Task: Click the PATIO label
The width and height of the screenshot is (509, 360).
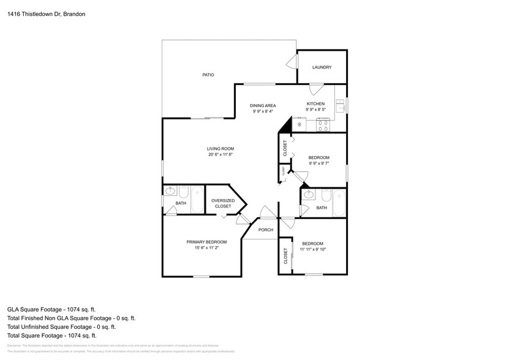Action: coord(208,75)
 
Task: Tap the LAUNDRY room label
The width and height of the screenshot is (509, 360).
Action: coord(322,67)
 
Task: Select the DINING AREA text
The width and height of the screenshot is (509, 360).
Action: coord(263,105)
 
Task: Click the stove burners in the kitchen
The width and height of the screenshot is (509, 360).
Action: coord(323,125)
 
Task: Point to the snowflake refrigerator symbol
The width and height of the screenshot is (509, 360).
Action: coord(299,125)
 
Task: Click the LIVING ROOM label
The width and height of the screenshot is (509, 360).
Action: coord(220,149)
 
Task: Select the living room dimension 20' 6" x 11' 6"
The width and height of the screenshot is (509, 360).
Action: coord(220,154)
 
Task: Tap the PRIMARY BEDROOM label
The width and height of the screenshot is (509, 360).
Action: coord(206,242)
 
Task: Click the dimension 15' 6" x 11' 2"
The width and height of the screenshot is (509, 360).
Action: coord(206,248)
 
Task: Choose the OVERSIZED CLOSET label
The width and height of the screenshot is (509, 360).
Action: coord(223,203)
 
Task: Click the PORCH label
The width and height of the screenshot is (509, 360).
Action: coord(265,230)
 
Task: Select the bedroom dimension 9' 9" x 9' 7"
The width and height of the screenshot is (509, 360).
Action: coord(319,163)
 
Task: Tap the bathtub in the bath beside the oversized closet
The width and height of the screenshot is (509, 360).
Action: coord(197,199)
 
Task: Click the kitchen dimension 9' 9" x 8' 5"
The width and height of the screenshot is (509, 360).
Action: coord(315,110)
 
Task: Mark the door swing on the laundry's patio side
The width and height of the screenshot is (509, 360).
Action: coord(292,62)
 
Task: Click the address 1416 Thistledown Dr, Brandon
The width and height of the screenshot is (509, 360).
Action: coord(42,12)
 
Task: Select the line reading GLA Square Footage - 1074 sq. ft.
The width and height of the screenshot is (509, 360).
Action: coord(51,310)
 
